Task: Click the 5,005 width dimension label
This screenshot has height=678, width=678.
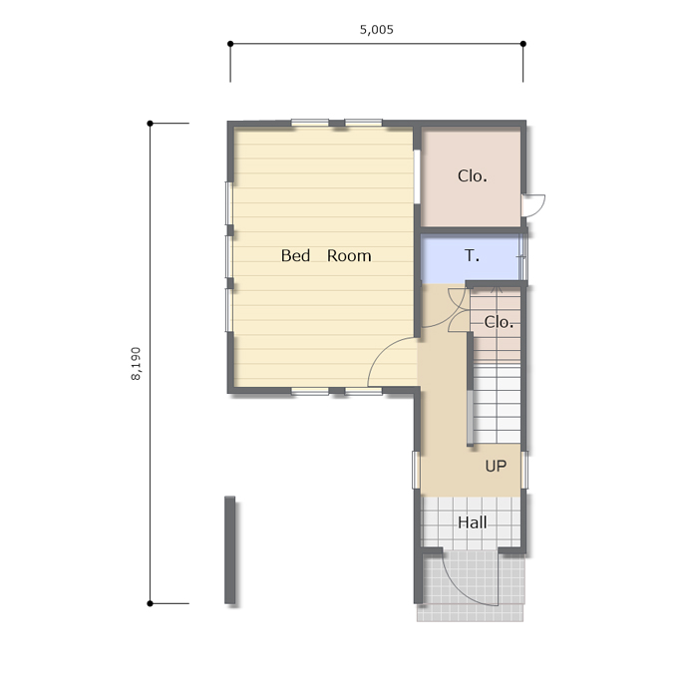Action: click(x=377, y=30)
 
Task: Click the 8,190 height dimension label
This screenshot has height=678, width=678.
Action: click(x=136, y=364)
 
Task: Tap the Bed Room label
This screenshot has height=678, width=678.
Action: click(x=326, y=256)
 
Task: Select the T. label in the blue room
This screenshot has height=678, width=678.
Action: click(x=473, y=256)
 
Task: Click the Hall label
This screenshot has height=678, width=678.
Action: click(x=473, y=522)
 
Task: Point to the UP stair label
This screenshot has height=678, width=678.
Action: click(x=496, y=467)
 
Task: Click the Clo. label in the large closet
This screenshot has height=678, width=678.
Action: click(x=473, y=176)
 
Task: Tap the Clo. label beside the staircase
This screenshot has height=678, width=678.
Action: click(x=499, y=322)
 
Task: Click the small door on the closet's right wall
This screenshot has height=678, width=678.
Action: click(x=532, y=205)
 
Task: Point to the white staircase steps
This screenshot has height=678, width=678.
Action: click(x=497, y=404)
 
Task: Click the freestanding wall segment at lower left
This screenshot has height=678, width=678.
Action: click(x=230, y=549)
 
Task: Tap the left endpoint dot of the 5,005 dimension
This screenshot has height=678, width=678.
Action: click(x=230, y=44)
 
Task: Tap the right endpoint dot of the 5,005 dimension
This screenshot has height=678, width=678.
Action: click(x=523, y=44)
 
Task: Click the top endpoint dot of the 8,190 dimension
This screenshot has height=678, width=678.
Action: click(x=150, y=124)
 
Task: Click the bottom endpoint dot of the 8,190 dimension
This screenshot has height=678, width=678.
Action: click(x=150, y=603)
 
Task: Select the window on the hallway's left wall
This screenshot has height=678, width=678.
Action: click(x=416, y=470)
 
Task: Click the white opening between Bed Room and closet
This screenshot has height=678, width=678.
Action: click(x=417, y=176)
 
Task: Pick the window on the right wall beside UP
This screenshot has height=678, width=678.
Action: click(x=524, y=470)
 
